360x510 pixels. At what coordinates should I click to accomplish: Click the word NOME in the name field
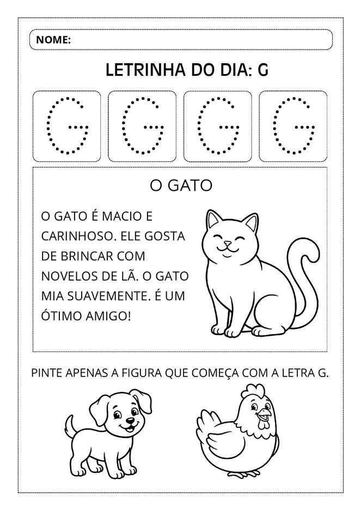coord(53,40)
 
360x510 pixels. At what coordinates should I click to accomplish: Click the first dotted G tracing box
coord(67,126)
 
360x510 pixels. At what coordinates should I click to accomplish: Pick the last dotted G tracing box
coord(293,126)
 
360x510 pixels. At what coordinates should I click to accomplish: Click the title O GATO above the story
coord(181,186)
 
